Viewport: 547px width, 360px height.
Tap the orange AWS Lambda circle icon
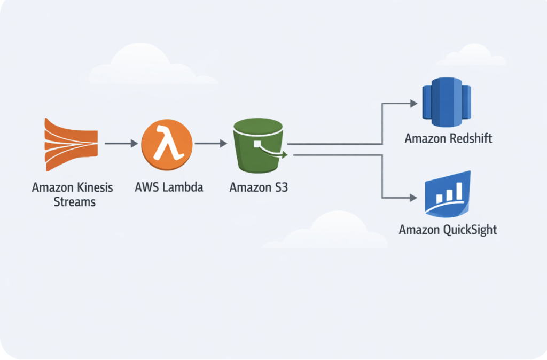click(x=167, y=143)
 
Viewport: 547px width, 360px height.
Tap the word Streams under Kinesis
click(x=74, y=202)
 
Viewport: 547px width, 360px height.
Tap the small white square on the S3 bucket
click(x=257, y=144)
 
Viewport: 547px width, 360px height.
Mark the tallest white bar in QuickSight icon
click(x=458, y=192)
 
